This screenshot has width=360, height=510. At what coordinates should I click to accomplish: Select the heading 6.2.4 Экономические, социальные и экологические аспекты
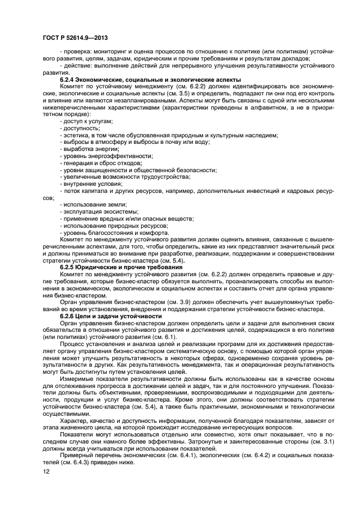150,80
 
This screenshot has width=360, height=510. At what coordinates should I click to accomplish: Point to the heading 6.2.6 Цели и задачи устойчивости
111,317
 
